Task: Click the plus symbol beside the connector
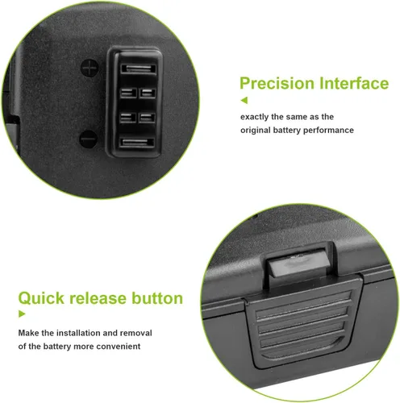(90, 68)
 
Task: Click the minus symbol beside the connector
(88, 139)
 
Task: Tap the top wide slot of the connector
(138, 69)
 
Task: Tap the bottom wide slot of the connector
(137, 143)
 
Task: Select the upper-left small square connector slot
(128, 93)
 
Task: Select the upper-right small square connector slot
(148, 93)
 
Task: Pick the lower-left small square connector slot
(128, 118)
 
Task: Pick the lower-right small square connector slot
(147, 118)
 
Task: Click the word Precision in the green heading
(277, 83)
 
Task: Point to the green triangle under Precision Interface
(244, 101)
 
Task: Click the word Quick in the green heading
(41, 298)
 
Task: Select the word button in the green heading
(157, 298)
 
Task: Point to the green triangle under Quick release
(22, 314)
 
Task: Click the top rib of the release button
(304, 302)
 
